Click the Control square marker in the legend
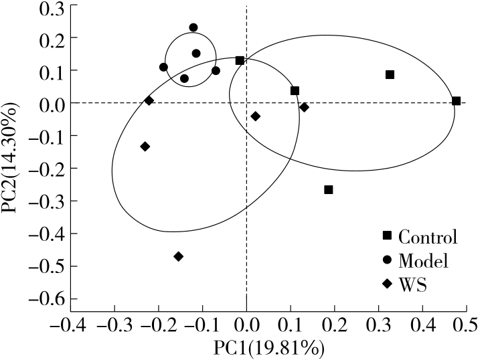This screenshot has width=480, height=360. (386, 236)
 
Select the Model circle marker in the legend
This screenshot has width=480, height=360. (386, 260)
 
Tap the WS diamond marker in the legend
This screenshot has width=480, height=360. (386, 284)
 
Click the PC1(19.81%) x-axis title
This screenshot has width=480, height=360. (268, 348)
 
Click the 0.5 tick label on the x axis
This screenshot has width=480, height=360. (466, 326)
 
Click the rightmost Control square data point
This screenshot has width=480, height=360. (456, 101)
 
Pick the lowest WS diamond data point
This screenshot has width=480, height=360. (178, 256)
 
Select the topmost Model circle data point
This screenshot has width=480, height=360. (193, 27)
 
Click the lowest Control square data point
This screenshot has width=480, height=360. (329, 190)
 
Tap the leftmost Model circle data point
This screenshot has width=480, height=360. (163, 67)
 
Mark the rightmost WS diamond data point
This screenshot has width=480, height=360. (305, 107)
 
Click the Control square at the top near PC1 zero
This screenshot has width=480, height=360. (240, 60)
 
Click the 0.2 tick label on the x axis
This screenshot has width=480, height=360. (335, 326)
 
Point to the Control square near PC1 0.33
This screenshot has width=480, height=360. (390, 74)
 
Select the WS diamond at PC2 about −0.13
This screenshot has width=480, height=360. (145, 147)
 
